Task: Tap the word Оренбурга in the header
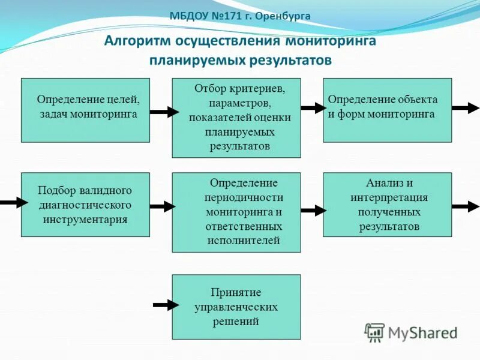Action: pos(283,16)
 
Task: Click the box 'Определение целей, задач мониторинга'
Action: pos(85,110)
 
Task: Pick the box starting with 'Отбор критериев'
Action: pos(236,118)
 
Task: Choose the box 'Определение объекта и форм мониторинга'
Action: pos(387,110)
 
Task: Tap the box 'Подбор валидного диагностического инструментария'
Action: pos(85,205)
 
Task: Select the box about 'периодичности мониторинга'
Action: pos(236,212)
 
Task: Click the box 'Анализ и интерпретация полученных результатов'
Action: pos(387,205)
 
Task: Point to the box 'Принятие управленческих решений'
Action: pos(236,307)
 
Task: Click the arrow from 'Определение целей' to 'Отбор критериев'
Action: pos(164,112)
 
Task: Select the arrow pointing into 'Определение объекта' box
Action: pos(313,108)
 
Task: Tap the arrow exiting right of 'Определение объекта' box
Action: pos(465,109)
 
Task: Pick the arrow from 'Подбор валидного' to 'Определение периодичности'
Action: pos(162,207)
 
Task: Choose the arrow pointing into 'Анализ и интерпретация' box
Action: pos(313,211)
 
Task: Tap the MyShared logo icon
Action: pos(375,332)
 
